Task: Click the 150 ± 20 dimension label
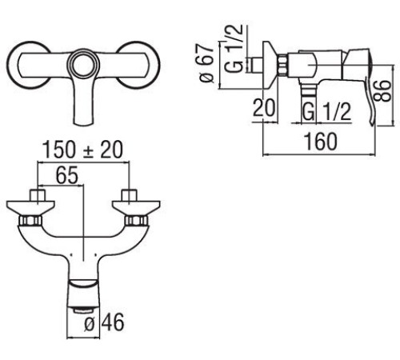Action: pos(82,150)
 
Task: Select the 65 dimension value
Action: pos(67,175)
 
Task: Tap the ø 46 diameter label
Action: pos(104,322)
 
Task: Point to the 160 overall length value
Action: pos(321,142)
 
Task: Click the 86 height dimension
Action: pos(382,90)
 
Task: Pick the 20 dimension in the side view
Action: pos(264,108)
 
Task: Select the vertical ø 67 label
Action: pos(206,63)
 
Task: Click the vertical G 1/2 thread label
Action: pos(234,48)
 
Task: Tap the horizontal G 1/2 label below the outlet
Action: pos(326,111)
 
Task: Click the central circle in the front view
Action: pos(83,64)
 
